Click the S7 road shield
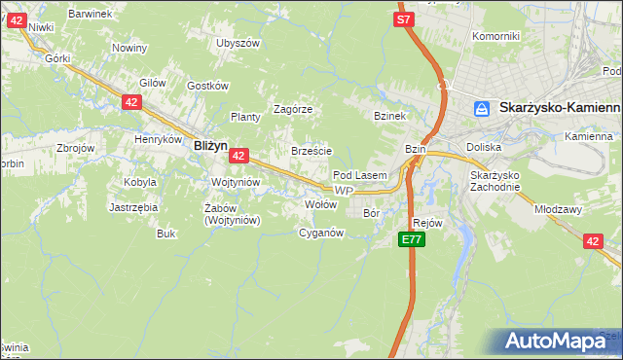click(x=404, y=18)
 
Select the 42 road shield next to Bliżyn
click(x=239, y=155)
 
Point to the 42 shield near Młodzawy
click(x=594, y=241)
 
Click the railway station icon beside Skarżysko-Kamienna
click(x=481, y=110)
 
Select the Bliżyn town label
click(x=210, y=145)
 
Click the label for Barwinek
click(x=91, y=14)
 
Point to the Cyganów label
click(x=321, y=233)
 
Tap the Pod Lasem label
click(x=360, y=175)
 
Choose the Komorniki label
click(x=495, y=36)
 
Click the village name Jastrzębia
click(x=133, y=207)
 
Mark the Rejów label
click(x=428, y=223)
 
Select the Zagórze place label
click(x=292, y=109)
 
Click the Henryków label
click(x=160, y=139)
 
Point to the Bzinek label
click(x=389, y=116)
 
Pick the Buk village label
click(x=165, y=234)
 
